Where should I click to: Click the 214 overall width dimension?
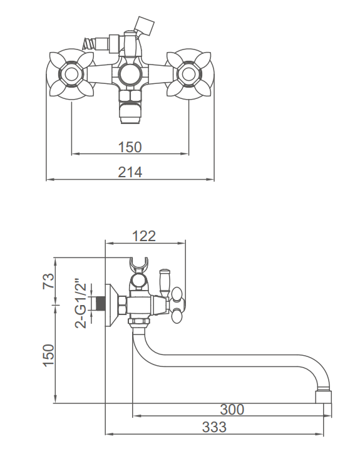coord(130,172)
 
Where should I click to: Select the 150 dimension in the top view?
coord(130,147)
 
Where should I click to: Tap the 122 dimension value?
coord(144,236)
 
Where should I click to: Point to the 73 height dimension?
coord(49,281)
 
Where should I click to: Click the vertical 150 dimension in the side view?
coord(49,355)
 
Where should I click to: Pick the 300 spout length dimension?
coord(232,410)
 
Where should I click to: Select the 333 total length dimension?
coord(214,427)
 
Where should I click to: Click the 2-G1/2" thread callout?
coord(81,303)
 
